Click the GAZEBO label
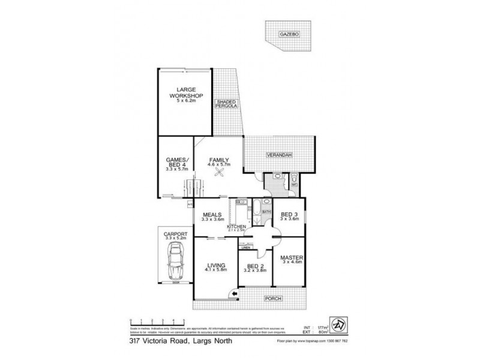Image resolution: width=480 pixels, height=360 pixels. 289,35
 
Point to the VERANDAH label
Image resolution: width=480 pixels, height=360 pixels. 280,155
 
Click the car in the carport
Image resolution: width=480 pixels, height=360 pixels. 175,262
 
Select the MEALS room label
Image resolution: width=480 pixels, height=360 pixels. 213,215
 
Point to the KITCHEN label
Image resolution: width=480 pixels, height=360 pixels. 237,226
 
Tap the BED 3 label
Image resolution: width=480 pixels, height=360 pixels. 289,214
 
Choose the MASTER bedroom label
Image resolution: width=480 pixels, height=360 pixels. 290,259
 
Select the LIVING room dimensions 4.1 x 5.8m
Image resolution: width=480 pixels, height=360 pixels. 216,271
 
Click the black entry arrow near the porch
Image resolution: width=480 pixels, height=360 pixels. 235,295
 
